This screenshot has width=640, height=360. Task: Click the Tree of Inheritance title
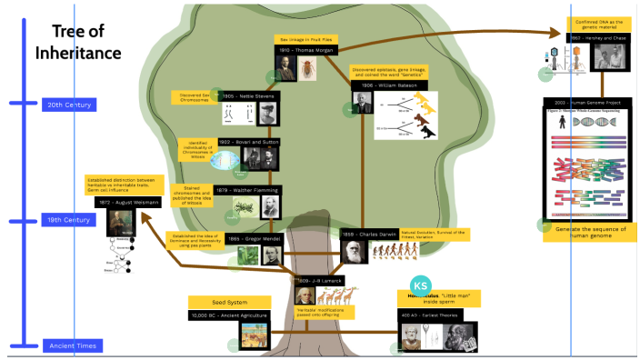[78, 42]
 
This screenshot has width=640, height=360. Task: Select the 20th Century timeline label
[69, 105]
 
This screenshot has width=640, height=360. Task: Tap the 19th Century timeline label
[69, 220]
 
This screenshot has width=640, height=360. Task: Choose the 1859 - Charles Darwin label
[368, 235]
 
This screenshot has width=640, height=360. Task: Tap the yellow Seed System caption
[229, 302]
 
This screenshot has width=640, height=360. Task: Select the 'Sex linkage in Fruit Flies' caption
[306, 39]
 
